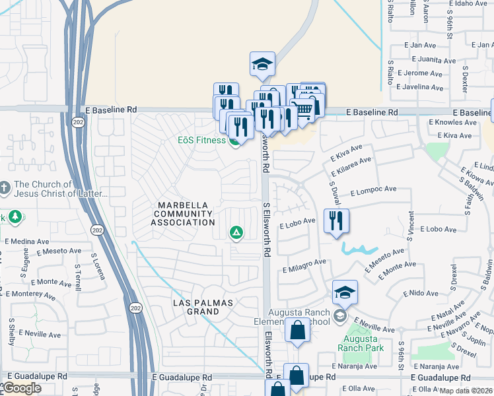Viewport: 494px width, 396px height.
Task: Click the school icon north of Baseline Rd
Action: (x=262, y=65)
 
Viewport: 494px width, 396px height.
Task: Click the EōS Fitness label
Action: (x=202, y=140)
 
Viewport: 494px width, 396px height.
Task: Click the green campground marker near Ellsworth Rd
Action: (x=235, y=232)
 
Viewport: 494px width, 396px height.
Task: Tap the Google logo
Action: (x=22, y=388)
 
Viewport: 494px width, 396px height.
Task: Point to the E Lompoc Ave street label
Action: (x=373, y=189)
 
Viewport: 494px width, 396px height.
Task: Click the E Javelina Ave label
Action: (x=417, y=86)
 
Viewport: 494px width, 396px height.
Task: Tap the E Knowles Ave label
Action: (x=453, y=122)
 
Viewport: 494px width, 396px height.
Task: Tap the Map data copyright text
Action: (x=466, y=391)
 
